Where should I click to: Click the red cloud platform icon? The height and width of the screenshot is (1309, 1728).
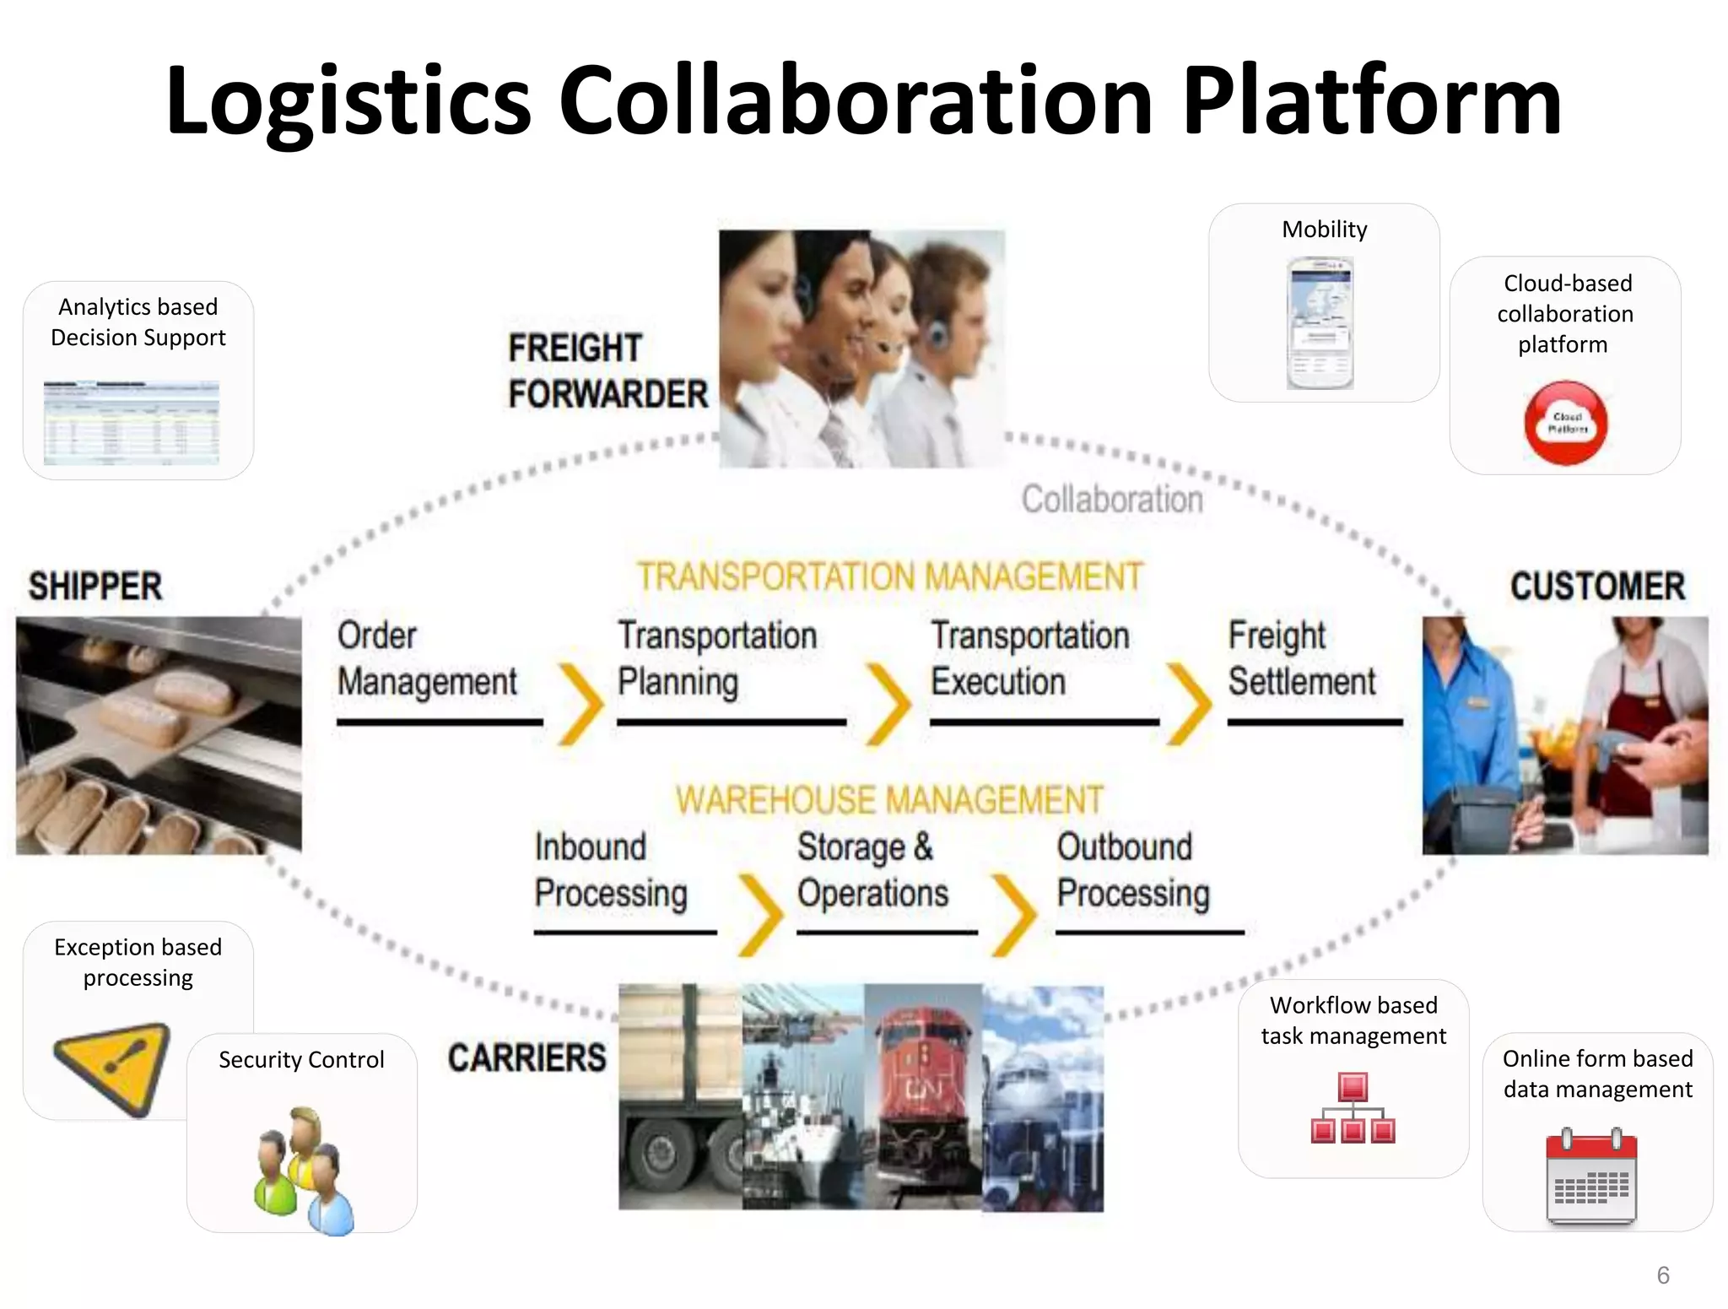pyautogui.click(x=1566, y=422)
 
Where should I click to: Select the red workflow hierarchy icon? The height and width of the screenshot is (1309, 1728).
pyautogui.click(x=1353, y=1107)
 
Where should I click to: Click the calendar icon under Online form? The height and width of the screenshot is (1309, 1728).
pyautogui.click(x=1591, y=1176)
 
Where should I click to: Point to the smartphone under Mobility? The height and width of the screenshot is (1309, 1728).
pyautogui.click(x=1320, y=323)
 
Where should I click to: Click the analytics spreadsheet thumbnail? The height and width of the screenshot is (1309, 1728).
pyautogui.click(x=132, y=422)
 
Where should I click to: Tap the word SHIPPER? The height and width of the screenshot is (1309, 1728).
pyautogui.click(x=95, y=587)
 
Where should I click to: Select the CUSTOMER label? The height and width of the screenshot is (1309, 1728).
pyautogui.click(x=1597, y=587)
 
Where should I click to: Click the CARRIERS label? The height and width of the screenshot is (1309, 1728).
pyautogui.click(x=526, y=1057)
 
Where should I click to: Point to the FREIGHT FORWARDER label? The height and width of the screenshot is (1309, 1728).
pyautogui.click(x=607, y=371)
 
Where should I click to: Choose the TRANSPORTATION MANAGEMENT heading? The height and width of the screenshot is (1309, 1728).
pyautogui.click(x=890, y=577)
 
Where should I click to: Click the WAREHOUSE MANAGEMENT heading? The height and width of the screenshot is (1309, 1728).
pyautogui.click(x=889, y=799)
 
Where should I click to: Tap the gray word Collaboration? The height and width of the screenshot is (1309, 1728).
pyautogui.click(x=1112, y=499)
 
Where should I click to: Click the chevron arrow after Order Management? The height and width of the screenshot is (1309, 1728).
pyautogui.click(x=582, y=704)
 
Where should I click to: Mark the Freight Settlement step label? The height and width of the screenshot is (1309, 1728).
pyautogui.click(x=1302, y=658)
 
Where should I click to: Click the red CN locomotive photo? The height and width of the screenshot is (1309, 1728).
pyautogui.click(x=922, y=1097)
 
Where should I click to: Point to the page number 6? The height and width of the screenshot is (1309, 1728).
pyautogui.click(x=1663, y=1274)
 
